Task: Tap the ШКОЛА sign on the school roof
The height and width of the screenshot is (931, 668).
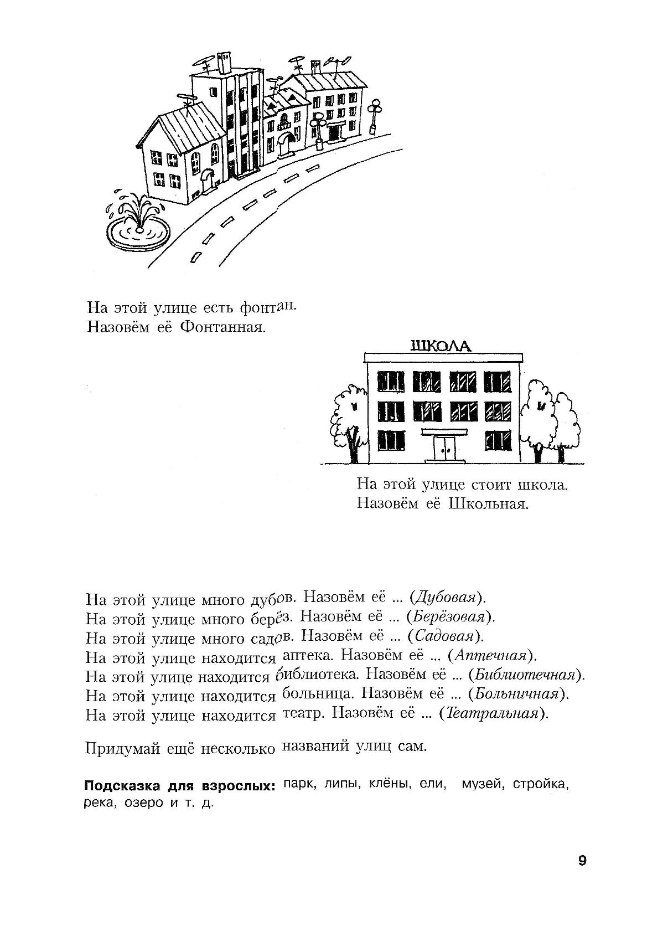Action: pyautogui.click(x=441, y=346)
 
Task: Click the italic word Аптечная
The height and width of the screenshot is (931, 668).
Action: pyautogui.click(x=490, y=656)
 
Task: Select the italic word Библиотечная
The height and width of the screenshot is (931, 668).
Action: pyautogui.click(x=525, y=675)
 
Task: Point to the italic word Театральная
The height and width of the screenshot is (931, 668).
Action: pyautogui.click(x=492, y=713)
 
